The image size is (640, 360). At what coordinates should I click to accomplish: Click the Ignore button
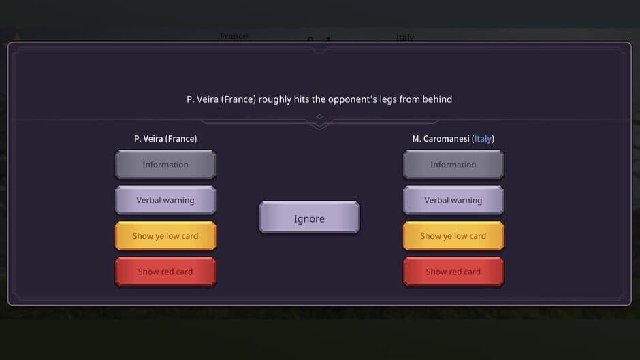coord(309,218)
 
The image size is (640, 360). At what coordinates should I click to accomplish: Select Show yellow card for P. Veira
coord(165,236)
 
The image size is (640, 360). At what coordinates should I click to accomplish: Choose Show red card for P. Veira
coord(165,272)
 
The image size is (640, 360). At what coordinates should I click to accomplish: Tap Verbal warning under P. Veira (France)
coord(165,201)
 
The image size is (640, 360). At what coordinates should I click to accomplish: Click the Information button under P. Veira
coord(165,165)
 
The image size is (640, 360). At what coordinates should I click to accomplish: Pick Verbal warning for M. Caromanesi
coord(453,201)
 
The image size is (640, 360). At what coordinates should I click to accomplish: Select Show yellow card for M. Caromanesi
coord(453,236)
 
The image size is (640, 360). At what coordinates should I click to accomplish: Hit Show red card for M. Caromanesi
coord(453,272)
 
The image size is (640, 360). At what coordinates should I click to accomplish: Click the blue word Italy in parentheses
coord(483,139)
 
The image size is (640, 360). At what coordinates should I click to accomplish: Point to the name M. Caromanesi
coord(441,139)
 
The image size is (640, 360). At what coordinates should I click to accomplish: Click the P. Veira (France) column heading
coord(165,139)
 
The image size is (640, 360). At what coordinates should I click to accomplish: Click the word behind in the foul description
coord(436,99)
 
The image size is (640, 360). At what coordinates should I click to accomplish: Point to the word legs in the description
coord(385,99)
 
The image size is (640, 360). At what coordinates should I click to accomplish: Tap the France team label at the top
coord(234,36)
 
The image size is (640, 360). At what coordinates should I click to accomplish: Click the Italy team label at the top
coord(404,37)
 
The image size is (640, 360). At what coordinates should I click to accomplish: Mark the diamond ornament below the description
coord(319,117)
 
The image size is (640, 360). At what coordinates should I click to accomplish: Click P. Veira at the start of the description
coord(202,99)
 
